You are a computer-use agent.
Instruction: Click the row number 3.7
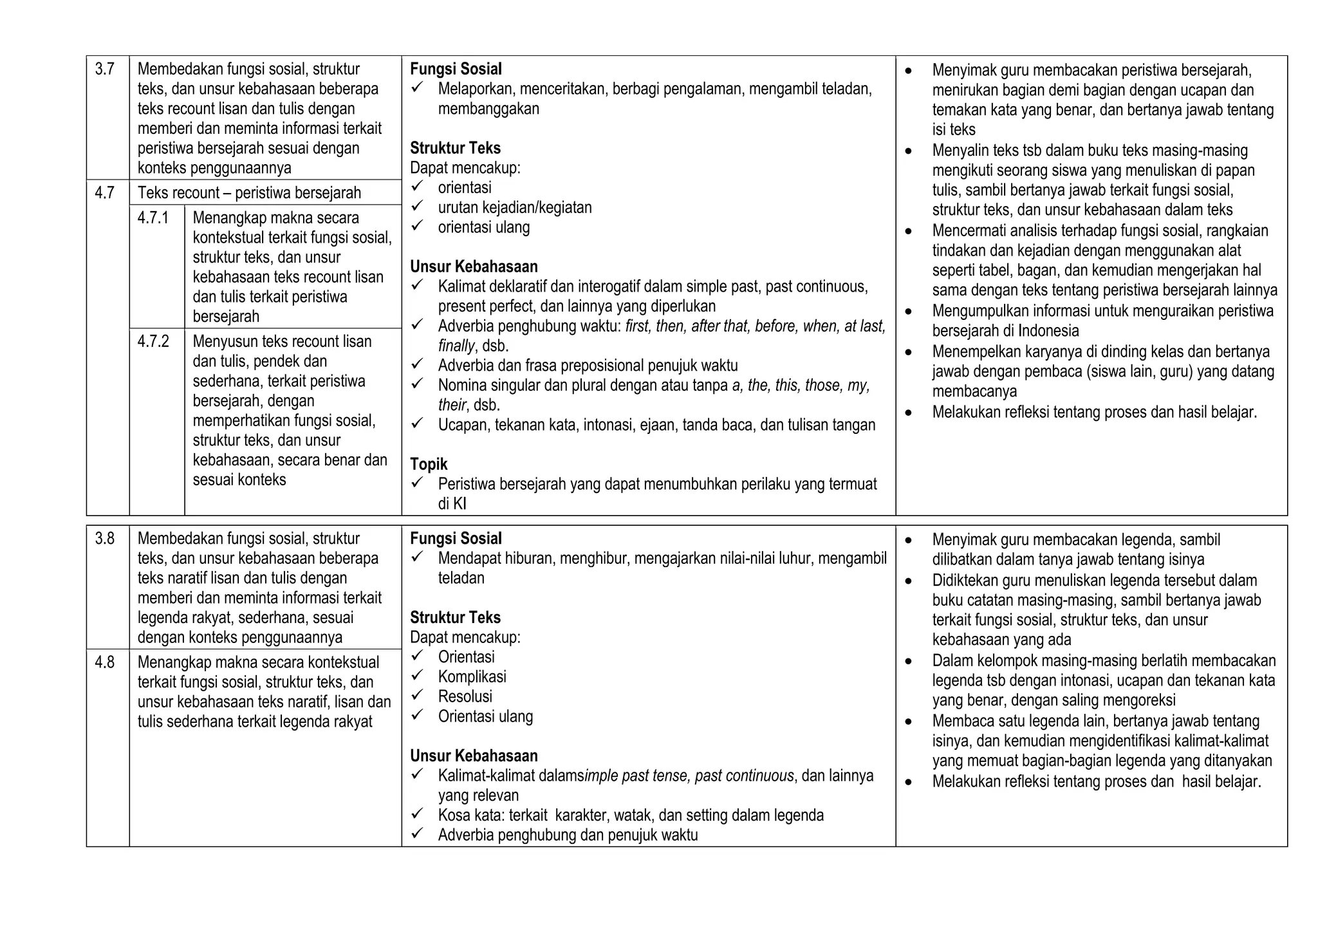(104, 70)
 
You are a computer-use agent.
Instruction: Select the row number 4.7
(104, 192)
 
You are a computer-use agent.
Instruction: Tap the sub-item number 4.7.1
(153, 218)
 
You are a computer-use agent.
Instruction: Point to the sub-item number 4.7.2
(153, 341)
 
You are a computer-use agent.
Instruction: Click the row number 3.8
(104, 539)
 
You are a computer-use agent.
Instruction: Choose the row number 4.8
(104, 662)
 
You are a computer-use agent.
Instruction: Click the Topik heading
(429, 464)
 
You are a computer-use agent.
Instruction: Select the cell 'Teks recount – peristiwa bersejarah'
(249, 192)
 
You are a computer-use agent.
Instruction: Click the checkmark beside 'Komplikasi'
(417, 675)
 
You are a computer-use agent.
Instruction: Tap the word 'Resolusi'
(465, 696)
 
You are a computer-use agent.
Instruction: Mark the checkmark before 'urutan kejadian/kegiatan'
(417, 206)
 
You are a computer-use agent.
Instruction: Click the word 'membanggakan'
(488, 109)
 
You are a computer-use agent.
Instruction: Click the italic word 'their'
(452, 405)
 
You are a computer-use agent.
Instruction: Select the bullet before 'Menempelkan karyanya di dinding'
(908, 352)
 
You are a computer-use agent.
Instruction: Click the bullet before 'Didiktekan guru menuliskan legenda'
(908, 581)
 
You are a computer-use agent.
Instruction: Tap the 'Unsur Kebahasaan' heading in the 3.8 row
(474, 756)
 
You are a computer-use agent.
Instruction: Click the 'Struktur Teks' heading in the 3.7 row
(455, 148)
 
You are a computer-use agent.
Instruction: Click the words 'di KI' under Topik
(452, 504)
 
